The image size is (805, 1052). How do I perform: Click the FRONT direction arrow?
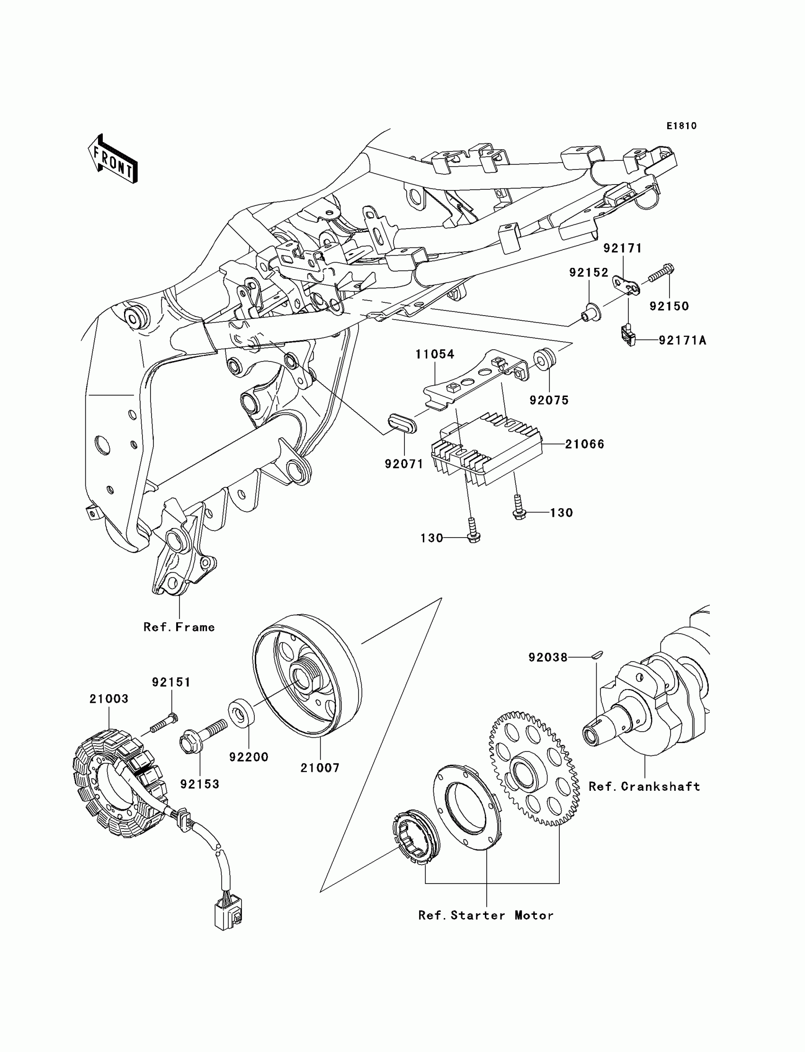[x=113, y=159]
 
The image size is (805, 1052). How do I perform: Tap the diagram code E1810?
[x=681, y=126]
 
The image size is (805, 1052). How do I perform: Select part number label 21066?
[x=585, y=444]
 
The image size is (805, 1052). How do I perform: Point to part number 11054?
[x=435, y=354]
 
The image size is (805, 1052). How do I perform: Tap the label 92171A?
[x=682, y=340]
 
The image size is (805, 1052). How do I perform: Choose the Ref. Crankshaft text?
[x=644, y=786]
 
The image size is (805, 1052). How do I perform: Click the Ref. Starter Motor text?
[x=486, y=915]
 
